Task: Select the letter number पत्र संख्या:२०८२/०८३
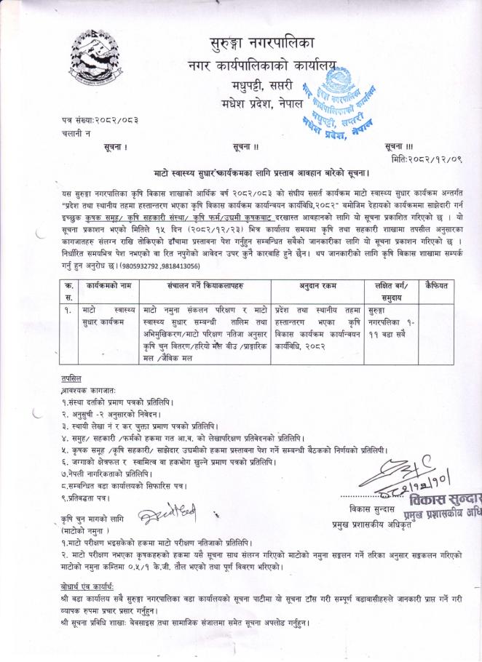[100, 119]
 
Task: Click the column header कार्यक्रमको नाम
[109, 267]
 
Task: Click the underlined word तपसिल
[71, 378]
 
